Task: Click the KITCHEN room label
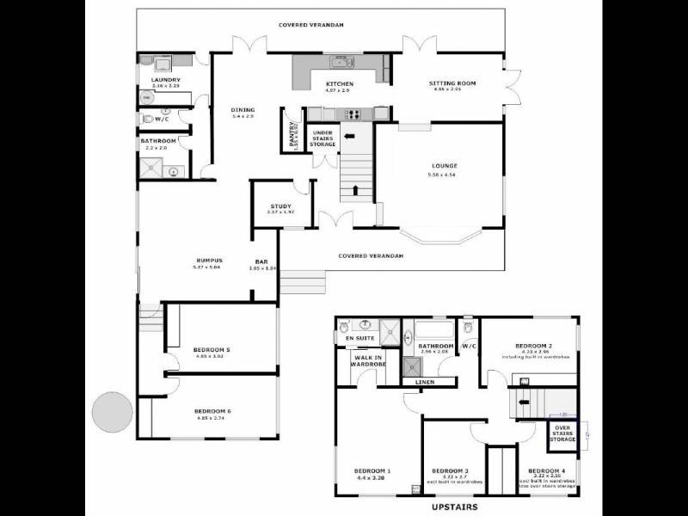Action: click(x=340, y=83)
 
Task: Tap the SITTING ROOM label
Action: click(x=452, y=83)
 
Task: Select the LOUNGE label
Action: click(x=445, y=165)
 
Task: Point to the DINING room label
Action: click(x=243, y=109)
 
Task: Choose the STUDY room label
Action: click(x=280, y=206)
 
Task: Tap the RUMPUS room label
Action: click(x=209, y=261)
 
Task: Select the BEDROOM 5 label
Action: click(x=211, y=349)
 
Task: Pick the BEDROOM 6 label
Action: click(x=212, y=410)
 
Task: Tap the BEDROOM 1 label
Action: click(x=372, y=470)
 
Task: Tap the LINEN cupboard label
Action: click(x=425, y=382)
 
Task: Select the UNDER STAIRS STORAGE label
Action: click(x=322, y=138)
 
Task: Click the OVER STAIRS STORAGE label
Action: click(x=562, y=433)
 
